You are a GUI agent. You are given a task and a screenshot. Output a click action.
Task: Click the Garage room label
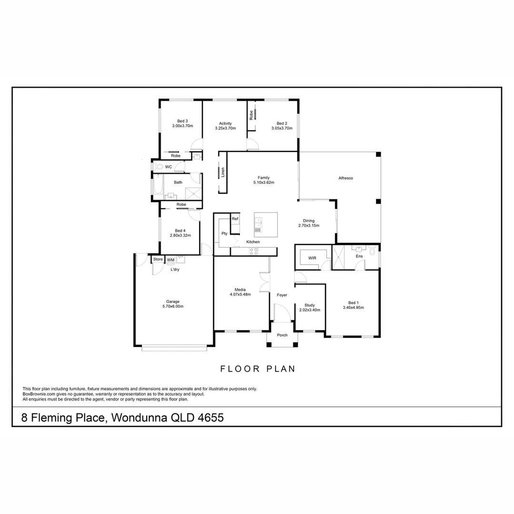click(173, 301)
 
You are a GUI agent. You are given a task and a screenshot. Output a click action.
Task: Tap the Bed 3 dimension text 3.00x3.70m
click(182, 126)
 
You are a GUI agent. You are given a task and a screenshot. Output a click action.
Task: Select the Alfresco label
click(346, 178)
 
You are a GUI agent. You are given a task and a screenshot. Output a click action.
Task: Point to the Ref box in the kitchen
click(235, 218)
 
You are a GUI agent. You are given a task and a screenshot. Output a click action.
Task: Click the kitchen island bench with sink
click(266, 225)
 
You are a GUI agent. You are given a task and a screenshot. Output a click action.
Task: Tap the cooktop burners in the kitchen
click(253, 251)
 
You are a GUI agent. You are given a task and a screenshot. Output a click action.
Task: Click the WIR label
click(312, 258)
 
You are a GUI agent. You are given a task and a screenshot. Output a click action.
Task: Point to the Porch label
click(282, 335)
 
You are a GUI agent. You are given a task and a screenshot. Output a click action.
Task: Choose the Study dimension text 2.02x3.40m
click(310, 310)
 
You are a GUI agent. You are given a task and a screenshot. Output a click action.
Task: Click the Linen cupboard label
click(223, 172)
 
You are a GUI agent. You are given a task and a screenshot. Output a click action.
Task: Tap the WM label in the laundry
click(170, 260)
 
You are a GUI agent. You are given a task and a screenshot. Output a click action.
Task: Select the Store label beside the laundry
click(158, 259)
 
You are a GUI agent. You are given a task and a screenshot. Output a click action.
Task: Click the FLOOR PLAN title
click(257, 369)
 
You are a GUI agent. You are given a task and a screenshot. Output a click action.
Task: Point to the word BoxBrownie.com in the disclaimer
click(40, 394)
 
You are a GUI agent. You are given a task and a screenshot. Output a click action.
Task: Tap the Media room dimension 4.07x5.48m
click(240, 294)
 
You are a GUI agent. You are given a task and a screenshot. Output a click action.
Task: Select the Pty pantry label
click(224, 234)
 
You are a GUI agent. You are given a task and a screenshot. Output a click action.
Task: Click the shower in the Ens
click(341, 257)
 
